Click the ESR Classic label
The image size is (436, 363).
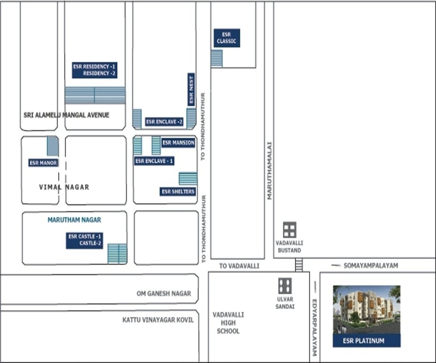point(227,38)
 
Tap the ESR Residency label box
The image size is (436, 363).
point(95,70)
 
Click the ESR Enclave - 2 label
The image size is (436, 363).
point(165,122)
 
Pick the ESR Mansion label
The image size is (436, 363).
point(178,143)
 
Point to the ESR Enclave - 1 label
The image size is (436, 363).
point(154,161)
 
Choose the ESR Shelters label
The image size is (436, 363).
point(178,191)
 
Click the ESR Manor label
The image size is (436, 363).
point(43,163)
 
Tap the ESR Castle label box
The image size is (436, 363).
point(85,240)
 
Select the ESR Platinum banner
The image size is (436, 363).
point(366,340)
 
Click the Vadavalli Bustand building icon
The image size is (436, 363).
point(289,230)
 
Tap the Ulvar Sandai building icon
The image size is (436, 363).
point(285,286)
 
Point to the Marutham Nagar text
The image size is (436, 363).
point(74,220)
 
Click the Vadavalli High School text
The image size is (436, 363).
point(228,323)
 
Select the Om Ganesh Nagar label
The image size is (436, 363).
point(164,294)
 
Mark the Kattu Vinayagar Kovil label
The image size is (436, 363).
point(158,320)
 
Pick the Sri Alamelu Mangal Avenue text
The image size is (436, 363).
point(66,115)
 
